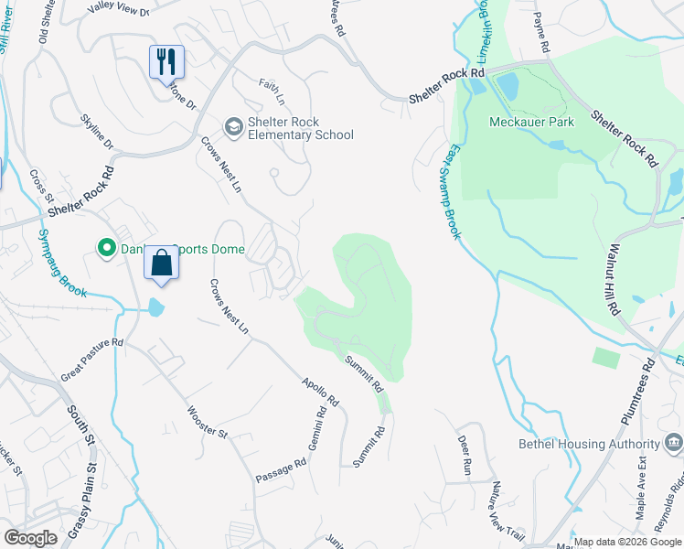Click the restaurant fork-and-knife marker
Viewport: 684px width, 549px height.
coord(166,62)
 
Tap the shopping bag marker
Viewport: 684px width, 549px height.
coord(161,263)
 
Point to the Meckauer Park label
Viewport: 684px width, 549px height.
coord(531,122)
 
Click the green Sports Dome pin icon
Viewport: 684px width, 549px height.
coord(106,247)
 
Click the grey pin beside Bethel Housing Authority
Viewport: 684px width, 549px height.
coord(674,444)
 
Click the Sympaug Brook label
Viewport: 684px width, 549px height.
coord(62,262)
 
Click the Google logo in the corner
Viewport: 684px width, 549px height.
coord(30,537)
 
